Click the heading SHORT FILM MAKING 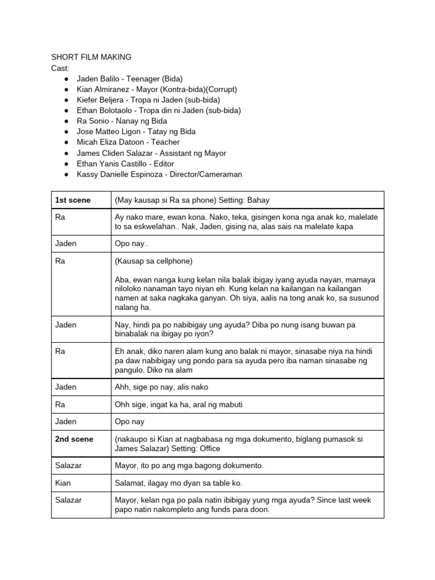[x=91, y=57]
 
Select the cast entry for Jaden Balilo [x=130, y=78]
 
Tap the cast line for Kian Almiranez [x=157, y=89]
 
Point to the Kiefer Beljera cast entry [x=148, y=100]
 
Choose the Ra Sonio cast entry [x=122, y=121]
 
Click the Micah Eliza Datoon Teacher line [x=128, y=142]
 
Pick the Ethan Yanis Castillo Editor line [x=125, y=164]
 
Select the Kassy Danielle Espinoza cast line [x=159, y=174]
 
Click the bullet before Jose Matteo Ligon [x=67, y=131]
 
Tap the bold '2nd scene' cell [x=74, y=439]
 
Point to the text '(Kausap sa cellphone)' [x=153, y=261]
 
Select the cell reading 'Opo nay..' [x=132, y=243]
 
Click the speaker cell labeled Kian [x=63, y=483]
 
